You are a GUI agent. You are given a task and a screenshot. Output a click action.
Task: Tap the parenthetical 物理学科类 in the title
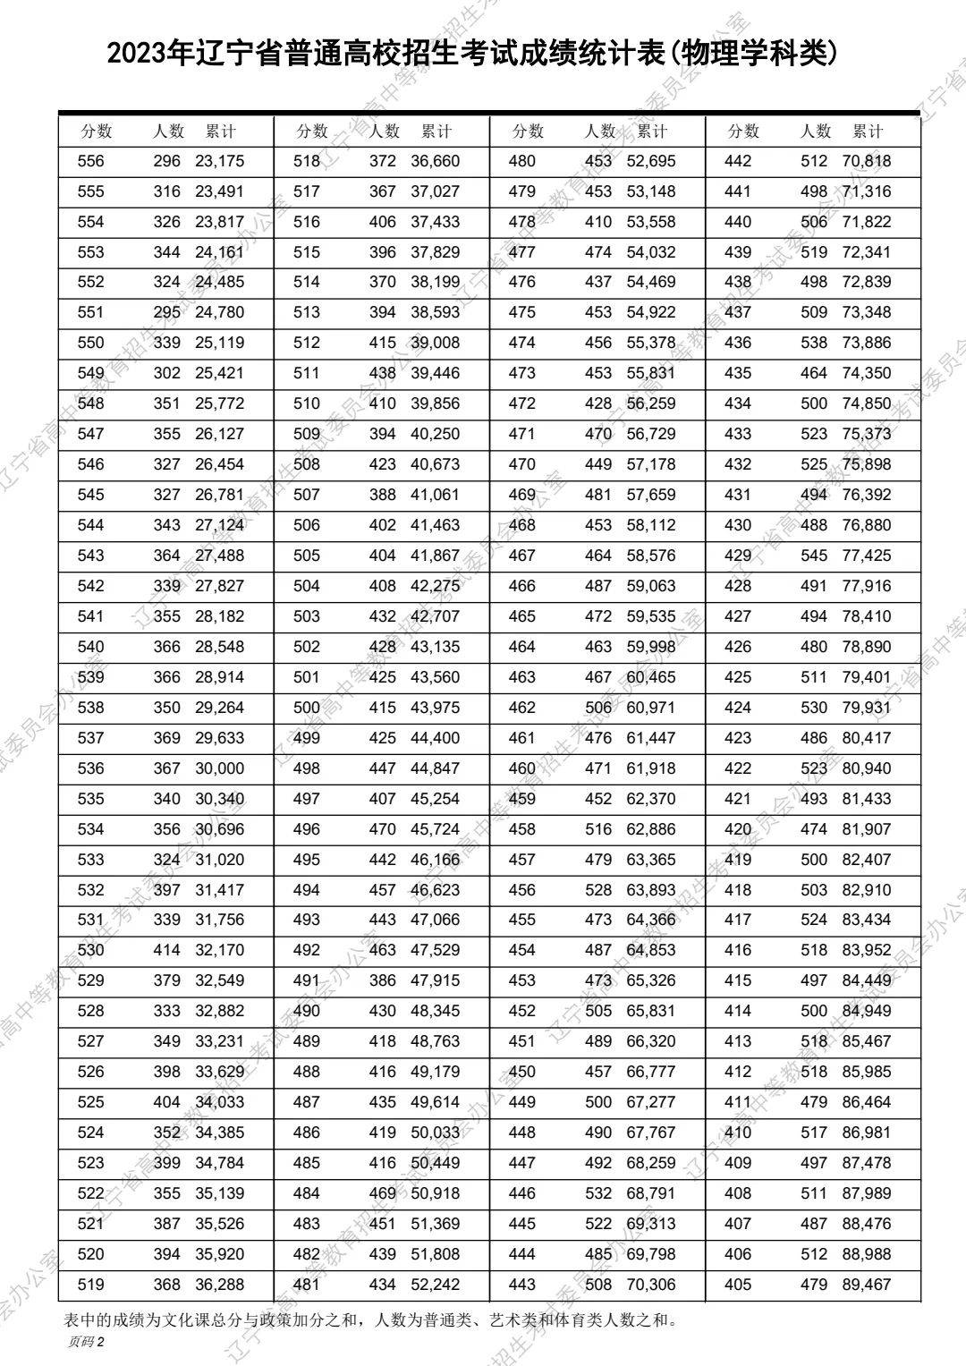click(754, 54)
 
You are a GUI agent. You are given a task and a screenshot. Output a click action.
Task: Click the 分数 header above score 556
click(97, 132)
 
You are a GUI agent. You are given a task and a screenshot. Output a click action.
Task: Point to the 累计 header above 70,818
click(868, 132)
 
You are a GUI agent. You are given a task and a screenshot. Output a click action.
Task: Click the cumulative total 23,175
click(219, 162)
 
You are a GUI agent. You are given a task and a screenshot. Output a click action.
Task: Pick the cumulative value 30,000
click(219, 768)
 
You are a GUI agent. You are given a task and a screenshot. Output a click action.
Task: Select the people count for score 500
click(383, 708)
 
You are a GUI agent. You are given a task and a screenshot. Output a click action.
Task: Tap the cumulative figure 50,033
click(435, 1133)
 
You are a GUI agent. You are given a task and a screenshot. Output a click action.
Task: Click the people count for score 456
click(598, 890)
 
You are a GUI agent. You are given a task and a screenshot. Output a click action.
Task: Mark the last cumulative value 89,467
click(867, 1285)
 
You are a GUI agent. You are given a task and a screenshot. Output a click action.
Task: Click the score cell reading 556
click(90, 162)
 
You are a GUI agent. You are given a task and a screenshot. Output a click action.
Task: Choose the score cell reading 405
click(738, 1285)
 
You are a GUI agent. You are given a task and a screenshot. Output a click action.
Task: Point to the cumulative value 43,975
click(435, 708)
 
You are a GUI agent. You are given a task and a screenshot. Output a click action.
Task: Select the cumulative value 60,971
click(651, 708)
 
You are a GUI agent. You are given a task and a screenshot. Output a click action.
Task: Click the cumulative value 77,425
click(867, 556)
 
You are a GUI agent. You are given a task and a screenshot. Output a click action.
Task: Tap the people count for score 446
click(598, 1193)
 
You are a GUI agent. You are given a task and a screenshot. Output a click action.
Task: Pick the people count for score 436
click(814, 343)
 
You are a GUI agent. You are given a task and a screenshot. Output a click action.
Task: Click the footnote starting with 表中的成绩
click(370, 1319)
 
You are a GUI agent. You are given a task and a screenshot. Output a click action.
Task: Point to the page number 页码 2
click(86, 1342)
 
